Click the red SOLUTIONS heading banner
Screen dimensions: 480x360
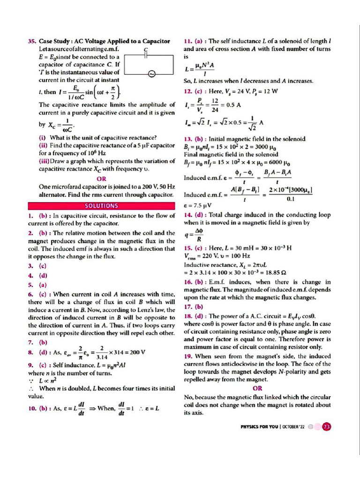point(102,206)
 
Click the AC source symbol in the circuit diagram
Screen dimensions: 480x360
point(151,74)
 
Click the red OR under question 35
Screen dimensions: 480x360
point(101,179)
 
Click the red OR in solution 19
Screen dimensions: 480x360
point(257,388)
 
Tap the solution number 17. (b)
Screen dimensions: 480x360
point(194,307)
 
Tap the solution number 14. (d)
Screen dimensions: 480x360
point(193,215)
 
